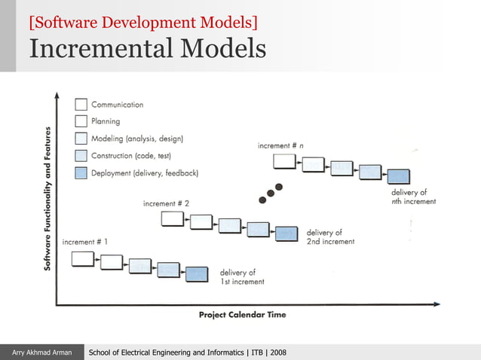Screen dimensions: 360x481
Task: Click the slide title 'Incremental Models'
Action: pyautogui.click(x=148, y=49)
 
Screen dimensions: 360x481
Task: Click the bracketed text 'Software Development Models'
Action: pyautogui.click(x=143, y=22)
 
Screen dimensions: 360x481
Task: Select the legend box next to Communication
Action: pyautogui.click(x=81, y=105)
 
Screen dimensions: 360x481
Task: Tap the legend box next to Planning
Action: pyautogui.click(x=81, y=121)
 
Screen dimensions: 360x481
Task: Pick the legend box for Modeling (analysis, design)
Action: pyautogui.click(x=81, y=138)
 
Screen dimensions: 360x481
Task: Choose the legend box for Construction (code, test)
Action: pyautogui.click(x=81, y=155)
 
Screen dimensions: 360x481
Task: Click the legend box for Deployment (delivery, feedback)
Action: pyautogui.click(x=81, y=172)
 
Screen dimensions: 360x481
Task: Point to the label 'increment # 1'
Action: pyautogui.click(x=84, y=242)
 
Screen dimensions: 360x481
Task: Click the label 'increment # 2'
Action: pyautogui.click(x=166, y=203)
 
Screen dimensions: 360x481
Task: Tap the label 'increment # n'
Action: pyautogui.click(x=281, y=145)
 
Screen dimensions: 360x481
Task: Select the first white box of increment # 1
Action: pyautogui.click(x=82, y=259)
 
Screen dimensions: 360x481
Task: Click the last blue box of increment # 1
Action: pyautogui.click(x=197, y=274)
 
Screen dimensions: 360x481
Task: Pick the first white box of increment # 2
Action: pyautogui.click(x=173, y=219)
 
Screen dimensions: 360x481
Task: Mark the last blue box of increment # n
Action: pyautogui.click(x=398, y=177)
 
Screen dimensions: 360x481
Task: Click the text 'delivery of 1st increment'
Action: pyautogui.click(x=241, y=277)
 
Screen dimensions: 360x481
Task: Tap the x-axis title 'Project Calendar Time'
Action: pyautogui.click(x=242, y=315)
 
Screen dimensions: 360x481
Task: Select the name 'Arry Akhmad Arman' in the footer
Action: pyautogui.click(x=41, y=352)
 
